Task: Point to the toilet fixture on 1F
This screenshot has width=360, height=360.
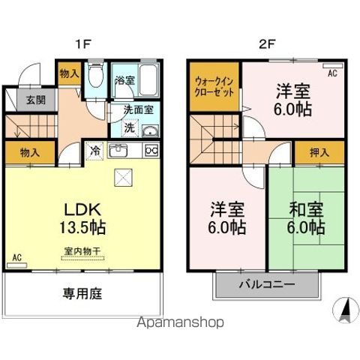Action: tap(94, 77)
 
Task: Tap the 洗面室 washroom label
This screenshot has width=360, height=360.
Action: tap(139, 109)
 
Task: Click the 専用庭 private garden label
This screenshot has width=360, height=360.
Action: tap(82, 293)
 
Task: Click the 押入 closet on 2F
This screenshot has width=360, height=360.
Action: tap(319, 152)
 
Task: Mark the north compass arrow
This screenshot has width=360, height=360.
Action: tap(346, 309)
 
